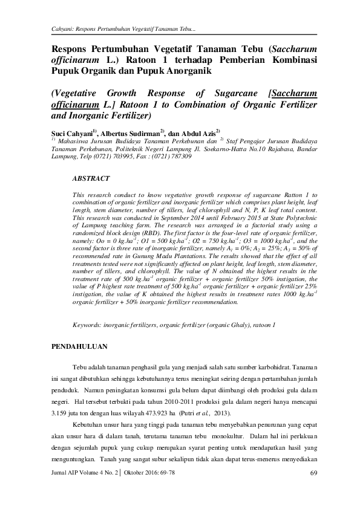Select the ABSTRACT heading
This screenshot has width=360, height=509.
coord(91,180)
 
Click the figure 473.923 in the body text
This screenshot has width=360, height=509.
coord(154,413)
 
